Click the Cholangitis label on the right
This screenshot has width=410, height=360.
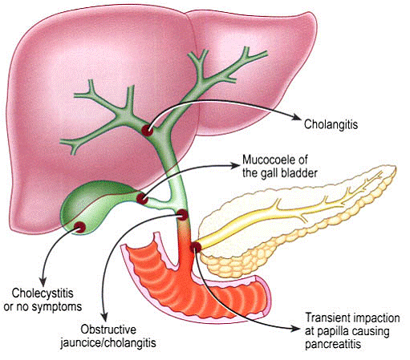(x=331, y=124)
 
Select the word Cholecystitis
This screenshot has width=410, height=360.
(x=43, y=293)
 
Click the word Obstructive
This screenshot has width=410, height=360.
(x=108, y=330)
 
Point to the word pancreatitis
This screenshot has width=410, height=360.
(x=333, y=345)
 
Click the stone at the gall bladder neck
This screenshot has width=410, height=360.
(x=142, y=199)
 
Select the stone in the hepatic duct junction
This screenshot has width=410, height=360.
(x=148, y=131)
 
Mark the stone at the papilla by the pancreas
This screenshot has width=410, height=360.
(x=196, y=247)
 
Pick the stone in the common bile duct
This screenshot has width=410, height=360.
(x=183, y=215)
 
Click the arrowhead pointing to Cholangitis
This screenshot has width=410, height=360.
(x=296, y=117)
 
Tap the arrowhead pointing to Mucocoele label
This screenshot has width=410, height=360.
(x=235, y=166)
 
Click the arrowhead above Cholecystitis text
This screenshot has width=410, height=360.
(x=43, y=281)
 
